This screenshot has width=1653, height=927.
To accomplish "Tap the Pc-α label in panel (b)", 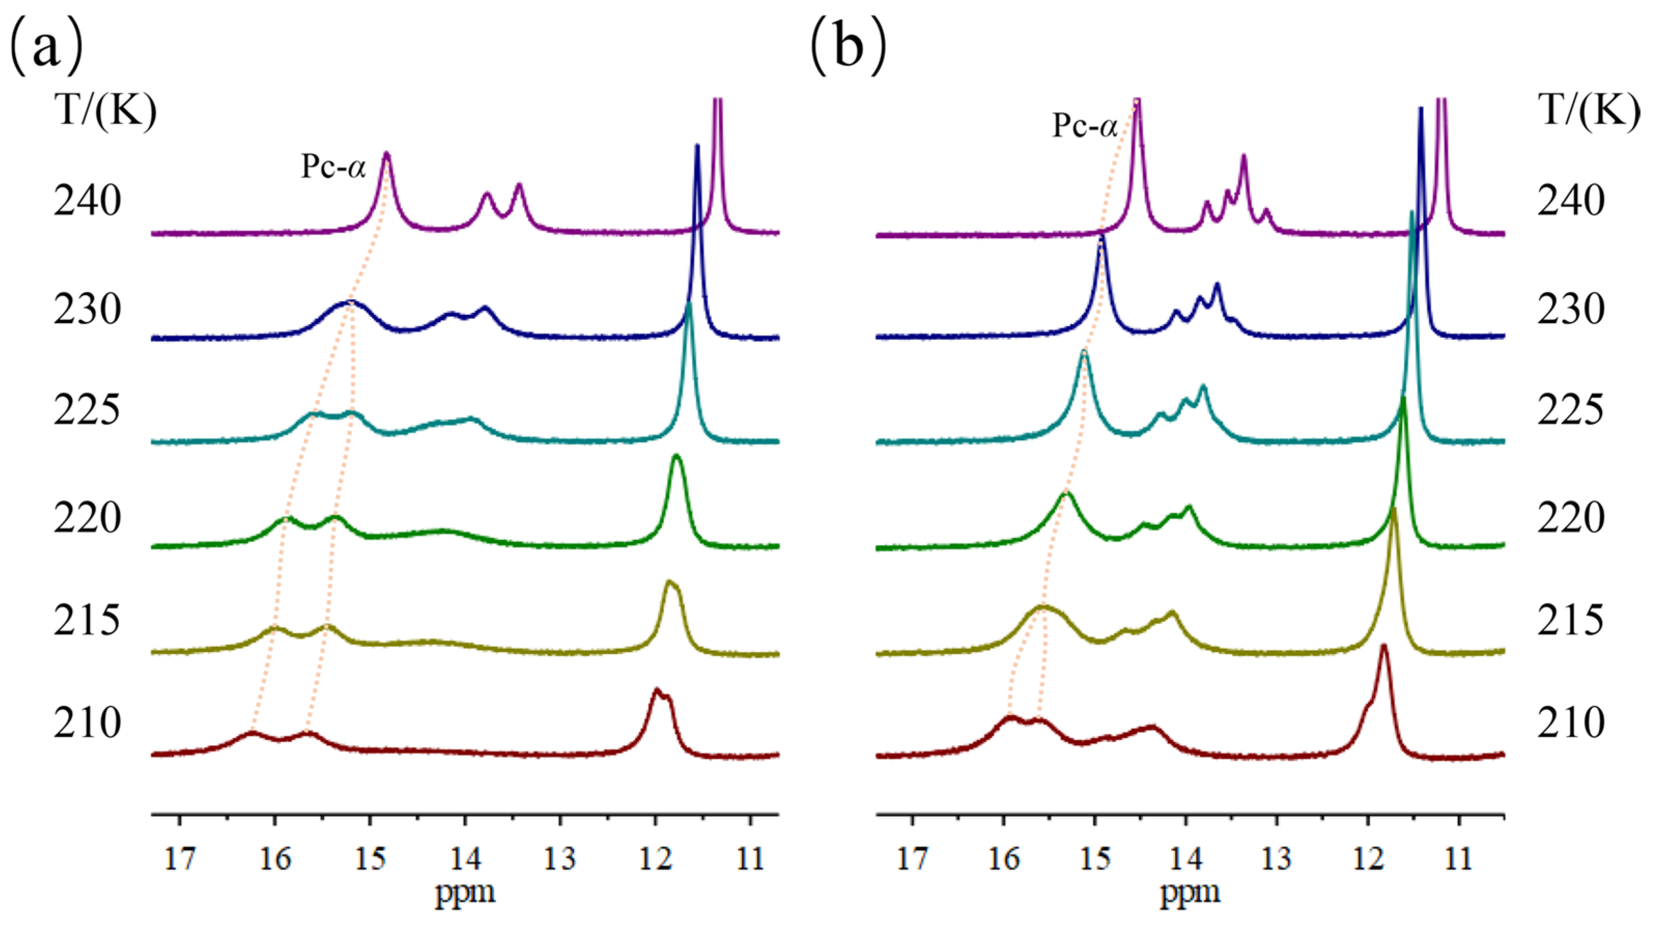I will tap(1085, 126).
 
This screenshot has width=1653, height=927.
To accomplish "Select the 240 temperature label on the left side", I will tap(87, 201).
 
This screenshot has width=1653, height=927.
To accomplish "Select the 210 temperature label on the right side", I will tap(1570, 723).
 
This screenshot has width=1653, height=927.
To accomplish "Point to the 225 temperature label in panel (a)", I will tap(87, 411).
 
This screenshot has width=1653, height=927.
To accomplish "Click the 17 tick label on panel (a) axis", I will tap(180, 859).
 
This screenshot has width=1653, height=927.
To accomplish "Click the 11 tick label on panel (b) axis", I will tap(1459, 859).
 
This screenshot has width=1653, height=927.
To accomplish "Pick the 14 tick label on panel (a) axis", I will tap(465, 859).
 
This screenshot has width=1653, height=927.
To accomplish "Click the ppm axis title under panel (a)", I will tap(465, 892).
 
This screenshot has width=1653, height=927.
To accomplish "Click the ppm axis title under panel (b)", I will tap(1190, 892).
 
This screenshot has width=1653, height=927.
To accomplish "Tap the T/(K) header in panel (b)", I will tap(1589, 112).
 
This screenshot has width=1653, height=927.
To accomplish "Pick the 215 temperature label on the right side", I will tap(1570, 620).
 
